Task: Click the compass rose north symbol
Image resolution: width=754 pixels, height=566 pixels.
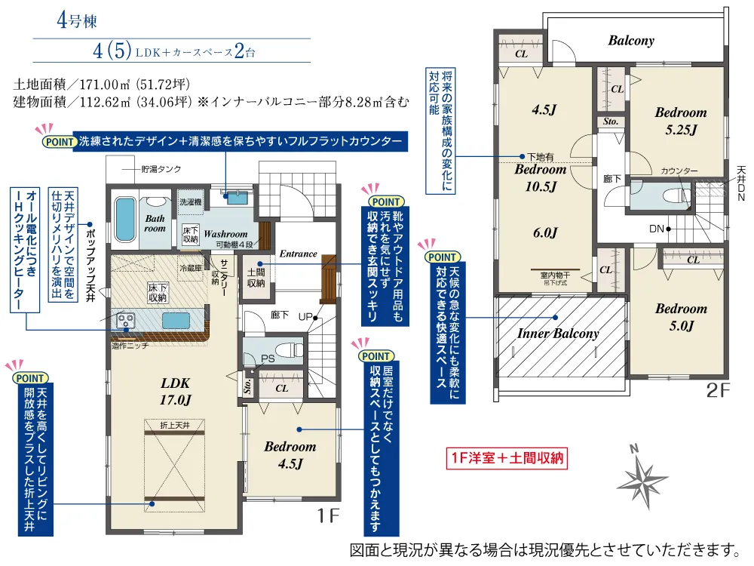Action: click(x=642, y=475)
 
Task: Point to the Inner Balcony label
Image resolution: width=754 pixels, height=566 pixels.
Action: click(x=558, y=333)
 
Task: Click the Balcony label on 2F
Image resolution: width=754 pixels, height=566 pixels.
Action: click(x=631, y=41)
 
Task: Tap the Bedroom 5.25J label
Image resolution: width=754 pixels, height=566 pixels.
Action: click(x=680, y=121)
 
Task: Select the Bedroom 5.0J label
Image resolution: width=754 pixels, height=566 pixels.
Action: click(x=680, y=317)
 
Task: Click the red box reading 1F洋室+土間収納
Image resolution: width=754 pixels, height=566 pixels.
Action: click(x=506, y=457)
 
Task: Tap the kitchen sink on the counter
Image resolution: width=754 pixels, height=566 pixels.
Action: click(x=175, y=320)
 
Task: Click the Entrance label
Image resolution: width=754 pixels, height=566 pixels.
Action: click(x=298, y=254)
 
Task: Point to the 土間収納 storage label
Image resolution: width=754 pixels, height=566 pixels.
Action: click(x=256, y=277)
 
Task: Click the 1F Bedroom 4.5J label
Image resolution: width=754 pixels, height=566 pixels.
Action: click(x=290, y=455)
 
